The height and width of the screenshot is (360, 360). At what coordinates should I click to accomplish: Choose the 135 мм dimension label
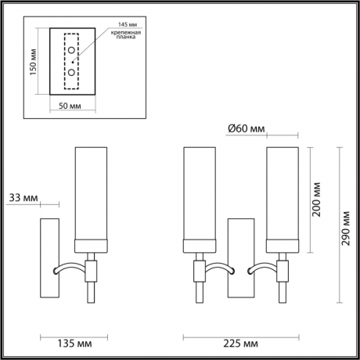pyautogui.click(x=71, y=343)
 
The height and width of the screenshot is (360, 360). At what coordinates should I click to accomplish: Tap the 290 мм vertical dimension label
pyautogui.click(x=346, y=226)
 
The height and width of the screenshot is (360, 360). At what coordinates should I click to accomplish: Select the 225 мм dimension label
pyautogui.click(x=239, y=343)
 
